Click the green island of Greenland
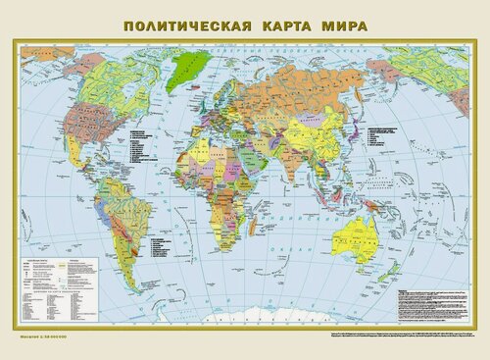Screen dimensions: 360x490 [x=189, y=66]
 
